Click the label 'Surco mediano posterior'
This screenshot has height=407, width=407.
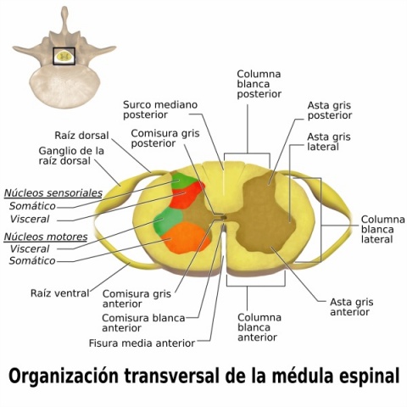tap(160, 109)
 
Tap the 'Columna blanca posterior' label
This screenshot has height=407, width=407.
tap(259, 84)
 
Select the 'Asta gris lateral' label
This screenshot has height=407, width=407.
tap(329, 142)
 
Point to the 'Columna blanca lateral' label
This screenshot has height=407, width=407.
tap(382, 230)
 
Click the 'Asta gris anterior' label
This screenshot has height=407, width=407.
tap(351, 307)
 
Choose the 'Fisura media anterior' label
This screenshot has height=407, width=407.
tap(142, 343)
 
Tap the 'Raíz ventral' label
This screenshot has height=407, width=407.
tap(60, 293)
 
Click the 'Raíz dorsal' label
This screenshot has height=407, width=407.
tap(81, 135)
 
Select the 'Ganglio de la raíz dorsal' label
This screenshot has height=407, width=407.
tap(71, 156)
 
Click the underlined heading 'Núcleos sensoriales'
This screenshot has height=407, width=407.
tap(53, 193)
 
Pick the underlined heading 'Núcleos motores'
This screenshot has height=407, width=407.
tap(46, 237)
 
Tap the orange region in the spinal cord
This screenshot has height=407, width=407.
tap(186, 237)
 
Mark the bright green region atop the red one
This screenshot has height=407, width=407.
tap(182, 180)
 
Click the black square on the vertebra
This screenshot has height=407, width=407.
tap(64, 56)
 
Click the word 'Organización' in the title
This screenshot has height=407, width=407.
tap(64, 376)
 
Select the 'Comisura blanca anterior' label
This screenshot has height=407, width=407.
tap(143, 323)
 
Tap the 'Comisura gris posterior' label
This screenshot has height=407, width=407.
tap(165, 138)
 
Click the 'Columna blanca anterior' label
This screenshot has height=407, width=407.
tap(259, 327)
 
